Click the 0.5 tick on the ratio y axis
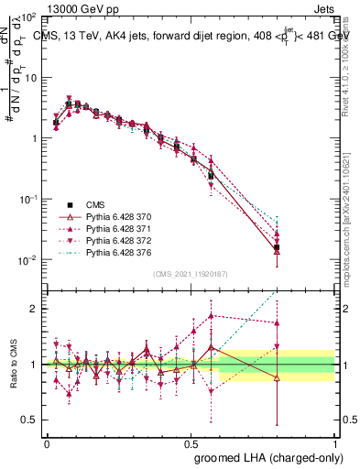31,420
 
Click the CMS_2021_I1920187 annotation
191,273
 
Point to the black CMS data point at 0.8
278,247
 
